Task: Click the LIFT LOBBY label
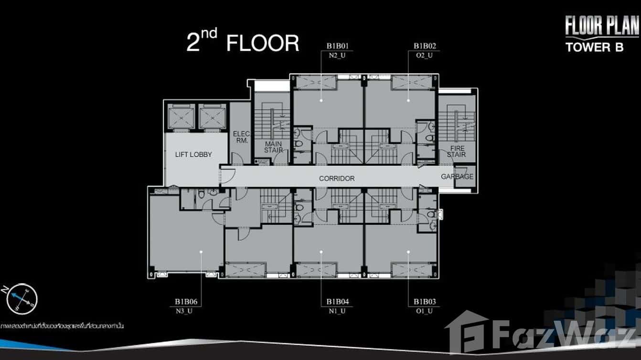(x=193, y=154)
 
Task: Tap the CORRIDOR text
(x=337, y=178)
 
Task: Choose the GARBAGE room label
(x=457, y=176)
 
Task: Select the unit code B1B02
(x=425, y=46)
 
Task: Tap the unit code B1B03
(x=425, y=302)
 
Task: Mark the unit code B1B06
(x=186, y=302)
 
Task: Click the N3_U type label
(x=186, y=311)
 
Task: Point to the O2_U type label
(x=425, y=55)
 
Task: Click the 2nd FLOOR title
(x=243, y=42)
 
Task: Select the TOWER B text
(x=594, y=47)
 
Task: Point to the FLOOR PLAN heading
(x=602, y=26)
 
